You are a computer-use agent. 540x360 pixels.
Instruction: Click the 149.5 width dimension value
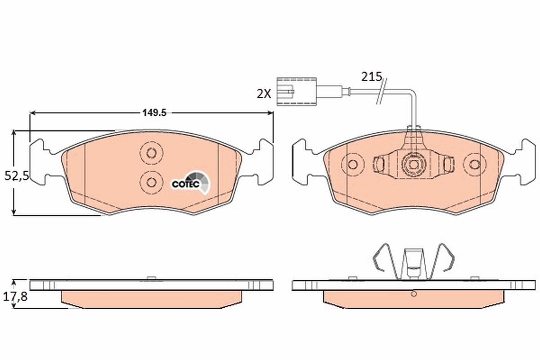(x=154, y=113)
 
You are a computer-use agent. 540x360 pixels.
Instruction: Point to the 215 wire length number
(x=371, y=76)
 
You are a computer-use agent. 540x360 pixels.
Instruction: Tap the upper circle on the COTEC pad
(x=151, y=153)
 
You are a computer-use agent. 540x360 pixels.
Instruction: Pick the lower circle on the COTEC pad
(x=151, y=182)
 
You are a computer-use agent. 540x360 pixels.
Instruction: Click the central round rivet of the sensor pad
(x=413, y=164)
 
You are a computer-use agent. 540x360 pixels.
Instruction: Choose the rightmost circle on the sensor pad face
(x=474, y=164)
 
